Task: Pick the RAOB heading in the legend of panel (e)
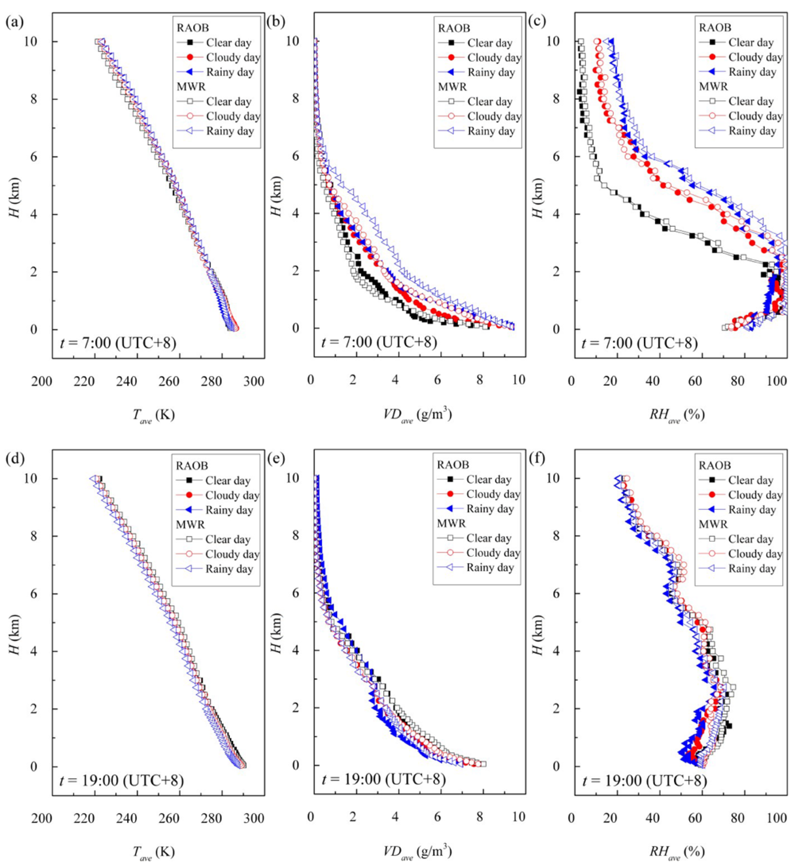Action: point(452,465)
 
